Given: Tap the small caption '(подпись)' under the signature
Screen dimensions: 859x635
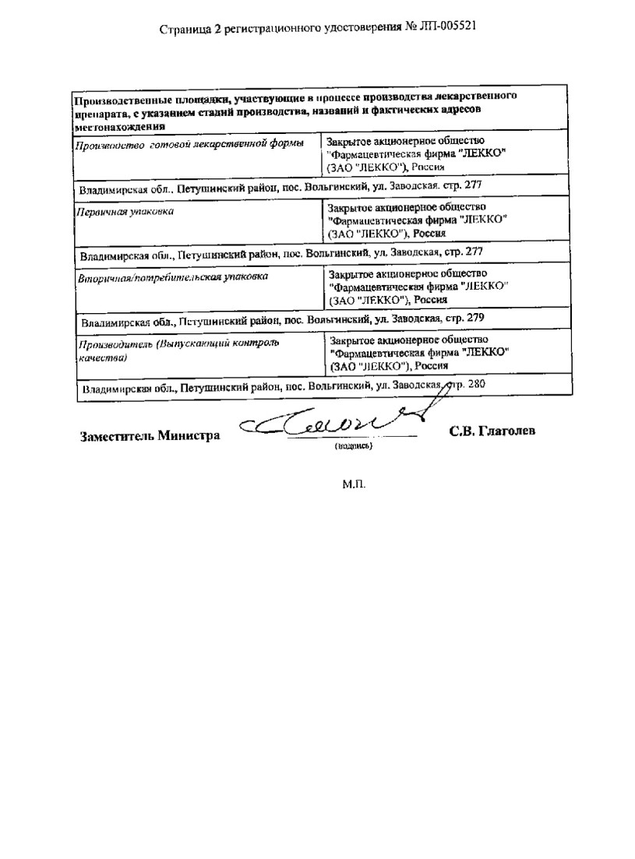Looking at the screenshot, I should pos(354,447).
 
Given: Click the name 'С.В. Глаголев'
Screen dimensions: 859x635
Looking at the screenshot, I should pos(492,432).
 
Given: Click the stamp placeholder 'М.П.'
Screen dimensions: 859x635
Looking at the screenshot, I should pos(353,484).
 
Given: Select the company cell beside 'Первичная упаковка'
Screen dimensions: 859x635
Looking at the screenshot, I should pos(418,220).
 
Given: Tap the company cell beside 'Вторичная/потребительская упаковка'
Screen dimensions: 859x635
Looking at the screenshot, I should pos(418,286).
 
